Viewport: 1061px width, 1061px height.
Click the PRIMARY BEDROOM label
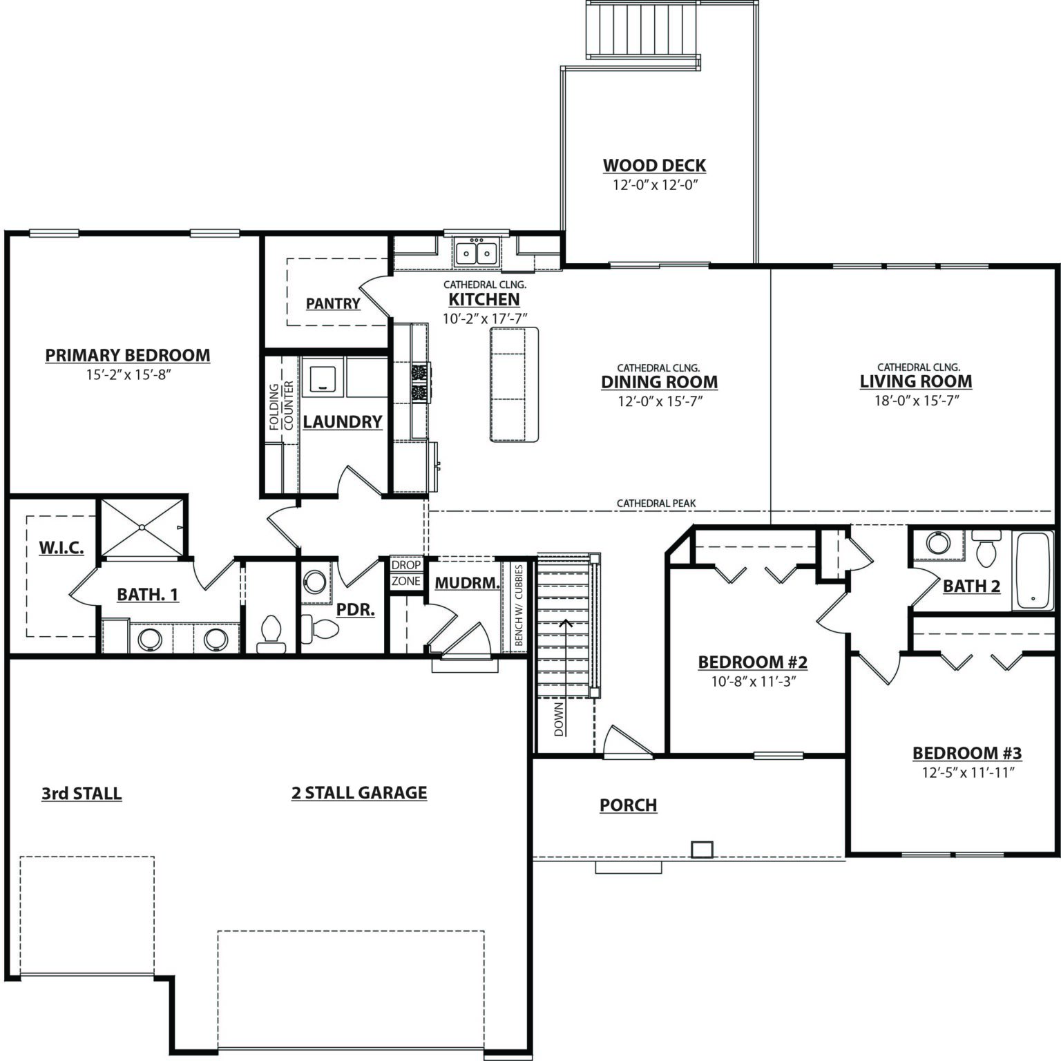tap(128, 355)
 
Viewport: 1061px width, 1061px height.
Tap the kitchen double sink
tap(477, 253)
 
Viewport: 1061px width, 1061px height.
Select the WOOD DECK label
tap(655, 166)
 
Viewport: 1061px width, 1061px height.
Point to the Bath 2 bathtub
tap(1033, 570)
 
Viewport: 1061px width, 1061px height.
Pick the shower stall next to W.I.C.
tap(143, 527)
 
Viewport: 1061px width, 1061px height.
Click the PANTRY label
tap(333, 304)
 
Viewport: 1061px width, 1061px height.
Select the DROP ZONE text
tap(406, 573)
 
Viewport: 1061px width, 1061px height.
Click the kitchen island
tap(514, 384)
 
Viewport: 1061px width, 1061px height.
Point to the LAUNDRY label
tap(343, 422)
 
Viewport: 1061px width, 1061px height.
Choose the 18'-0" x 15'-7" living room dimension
tap(917, 401)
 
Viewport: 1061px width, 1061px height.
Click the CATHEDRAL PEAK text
tap(656, 504)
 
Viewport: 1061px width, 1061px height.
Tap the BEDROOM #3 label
tap(967, 754)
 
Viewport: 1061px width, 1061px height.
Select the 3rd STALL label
tap(82, 794)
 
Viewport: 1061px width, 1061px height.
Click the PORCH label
tap(628, 805)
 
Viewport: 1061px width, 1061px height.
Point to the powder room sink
tap(315, 581)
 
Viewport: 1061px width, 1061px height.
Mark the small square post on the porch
tap(702, 849)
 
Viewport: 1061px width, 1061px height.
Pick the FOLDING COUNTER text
tap(282, 407)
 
